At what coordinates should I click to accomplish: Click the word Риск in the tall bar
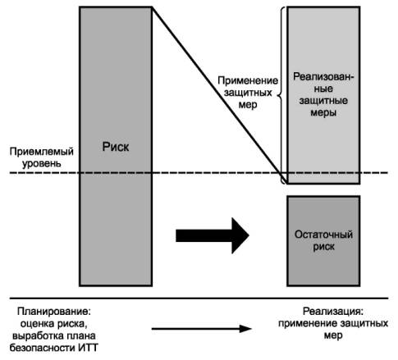(x=116, y=147)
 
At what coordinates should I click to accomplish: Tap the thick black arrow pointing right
(x=213, y=235)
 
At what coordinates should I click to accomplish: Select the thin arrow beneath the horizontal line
(x=202, y=329)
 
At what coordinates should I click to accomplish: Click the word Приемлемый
(x=42, y=152)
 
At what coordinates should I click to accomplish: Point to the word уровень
(x=42, y=163)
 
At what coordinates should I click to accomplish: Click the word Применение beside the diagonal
(x=248, y=80)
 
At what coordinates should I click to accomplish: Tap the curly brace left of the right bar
(x=281, y=95)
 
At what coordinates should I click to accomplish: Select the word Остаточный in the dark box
(x=323, y=235)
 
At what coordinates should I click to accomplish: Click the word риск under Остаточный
(x=323, y=247)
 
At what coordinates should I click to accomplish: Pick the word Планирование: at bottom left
(x=54, y=312)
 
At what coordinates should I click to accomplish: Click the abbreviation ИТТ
(x=88, y=348)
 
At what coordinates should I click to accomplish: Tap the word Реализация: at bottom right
(x=333, y=312)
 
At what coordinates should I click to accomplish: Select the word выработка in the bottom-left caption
(x=39, y=335)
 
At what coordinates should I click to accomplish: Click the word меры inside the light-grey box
(x=323, y=112)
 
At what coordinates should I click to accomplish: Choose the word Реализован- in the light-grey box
(x=323, y=77)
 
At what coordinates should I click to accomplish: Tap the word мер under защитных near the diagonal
(x=248, y=105)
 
